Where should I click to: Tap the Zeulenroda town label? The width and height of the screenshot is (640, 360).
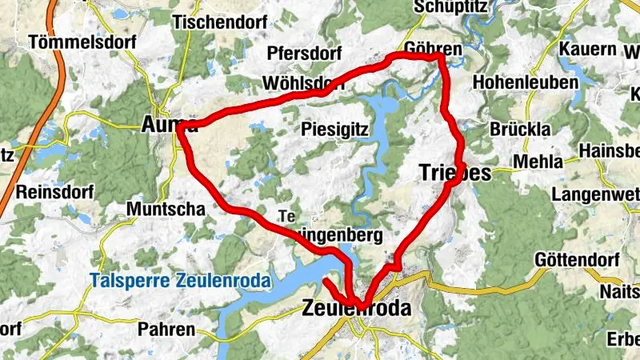click(x=357, y=309)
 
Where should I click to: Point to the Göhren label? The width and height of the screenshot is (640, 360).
click(x=434, y=50)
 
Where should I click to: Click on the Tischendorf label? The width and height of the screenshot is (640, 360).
click(x=219, y=22)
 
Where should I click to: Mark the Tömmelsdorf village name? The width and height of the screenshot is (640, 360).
click(x=72, y=42)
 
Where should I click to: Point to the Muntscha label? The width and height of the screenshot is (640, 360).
click(x=166, y=209)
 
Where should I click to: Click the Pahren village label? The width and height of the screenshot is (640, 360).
click(x=166, y=329)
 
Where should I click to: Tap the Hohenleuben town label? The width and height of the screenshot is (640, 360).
click(x=526, y=82)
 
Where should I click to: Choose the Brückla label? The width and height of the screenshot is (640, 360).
click(x=522, y=130)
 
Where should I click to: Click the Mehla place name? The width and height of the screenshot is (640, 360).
click(x=538, y=162)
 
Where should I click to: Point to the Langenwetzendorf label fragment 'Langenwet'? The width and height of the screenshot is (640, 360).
click(x=596, y=194)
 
